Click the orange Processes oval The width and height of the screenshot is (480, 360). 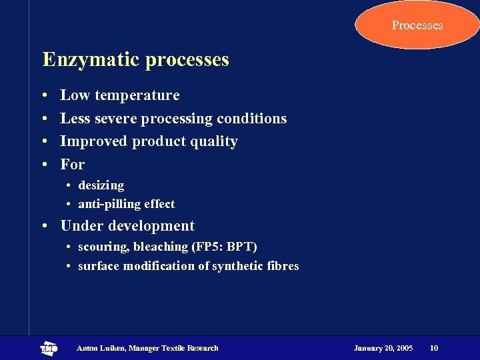click(x=417, y=25)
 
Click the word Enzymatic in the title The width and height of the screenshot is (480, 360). click(x=91, y=60)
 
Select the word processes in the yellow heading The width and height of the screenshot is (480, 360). click(x=187, y=60)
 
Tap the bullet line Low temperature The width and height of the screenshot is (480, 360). click(x=119, y=95)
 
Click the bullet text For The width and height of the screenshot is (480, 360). click(x=73, y=164)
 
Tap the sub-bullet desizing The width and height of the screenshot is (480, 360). click(x=101, y=185)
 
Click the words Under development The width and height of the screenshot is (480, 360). click(x=127, y=226)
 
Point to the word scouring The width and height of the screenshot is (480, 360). click(x=103, y=247)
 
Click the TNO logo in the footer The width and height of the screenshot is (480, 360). click(x=49, y=348)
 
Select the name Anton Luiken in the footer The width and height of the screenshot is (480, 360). click(x=101, y=348)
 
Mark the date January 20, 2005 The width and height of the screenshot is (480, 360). click(x=383, y=348)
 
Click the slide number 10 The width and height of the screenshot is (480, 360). click(x=434, y=348)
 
